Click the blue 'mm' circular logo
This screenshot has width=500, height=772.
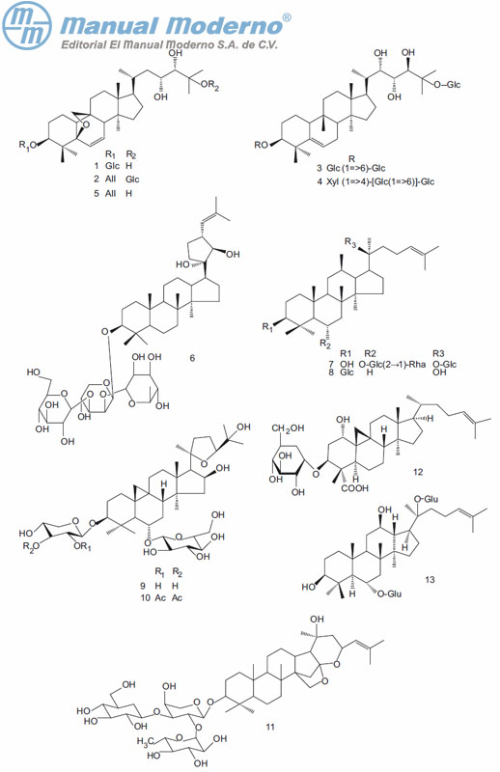tap(27, 26)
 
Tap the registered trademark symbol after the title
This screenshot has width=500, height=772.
tap(287, 17)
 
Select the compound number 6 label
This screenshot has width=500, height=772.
tap(192, 358)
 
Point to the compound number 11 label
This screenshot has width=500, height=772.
tap(270, 727)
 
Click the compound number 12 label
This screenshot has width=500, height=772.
tap(418, 472)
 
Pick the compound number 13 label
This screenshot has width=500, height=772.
tap(430, 579)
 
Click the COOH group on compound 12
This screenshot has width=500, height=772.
tap(354, 488)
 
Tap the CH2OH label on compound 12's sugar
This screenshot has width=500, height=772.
tap(289, 427)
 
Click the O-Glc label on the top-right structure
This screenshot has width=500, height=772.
tap(447, 85)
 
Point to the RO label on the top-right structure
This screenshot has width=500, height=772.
tap(261, 145)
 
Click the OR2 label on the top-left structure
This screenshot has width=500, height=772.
tap(209, 86)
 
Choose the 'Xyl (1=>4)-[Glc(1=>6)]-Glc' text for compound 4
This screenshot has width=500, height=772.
tap(380, 181)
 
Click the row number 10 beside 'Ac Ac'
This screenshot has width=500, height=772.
tap(146, 597)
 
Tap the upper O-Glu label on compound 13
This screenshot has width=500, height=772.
tap(426, 499)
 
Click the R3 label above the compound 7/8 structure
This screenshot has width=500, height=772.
tap(349, 242)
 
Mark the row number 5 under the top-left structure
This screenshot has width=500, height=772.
tap(97, 194)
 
